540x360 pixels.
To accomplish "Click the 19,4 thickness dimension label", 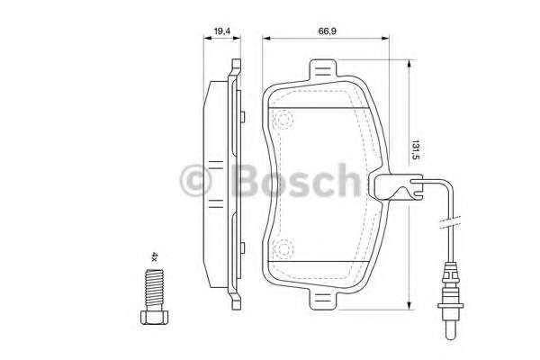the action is tap(221, 31).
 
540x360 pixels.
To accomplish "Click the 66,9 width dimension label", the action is tap(327, 31).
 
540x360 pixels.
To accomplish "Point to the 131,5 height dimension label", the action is tap(417, 150).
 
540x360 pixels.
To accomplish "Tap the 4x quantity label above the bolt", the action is tap(155, 257).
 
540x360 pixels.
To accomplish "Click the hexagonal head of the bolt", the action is tap(154, 318).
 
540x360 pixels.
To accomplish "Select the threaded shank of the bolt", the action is tap(154, 290).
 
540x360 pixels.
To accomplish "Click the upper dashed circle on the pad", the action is tap(284, 120).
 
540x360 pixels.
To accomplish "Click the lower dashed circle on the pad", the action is tap(283, 248).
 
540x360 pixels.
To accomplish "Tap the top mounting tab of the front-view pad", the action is tap(323, 70).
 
